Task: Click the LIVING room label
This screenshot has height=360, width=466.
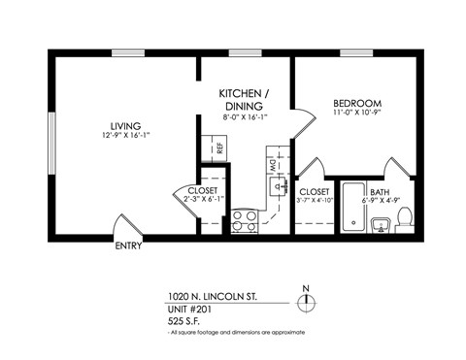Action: click(125, 126)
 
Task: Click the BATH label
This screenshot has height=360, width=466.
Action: click(380, 192)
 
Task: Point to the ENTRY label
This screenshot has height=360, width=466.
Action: click(127, 245)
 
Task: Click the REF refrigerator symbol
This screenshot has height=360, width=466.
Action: click(219, 148)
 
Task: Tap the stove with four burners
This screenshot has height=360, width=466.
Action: click(244, 221)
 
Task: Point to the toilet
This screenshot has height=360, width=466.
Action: click(408, 217)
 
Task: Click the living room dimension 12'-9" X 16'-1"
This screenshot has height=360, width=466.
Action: click(125, 137)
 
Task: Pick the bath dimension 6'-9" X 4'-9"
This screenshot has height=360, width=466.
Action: click(380, 203)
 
